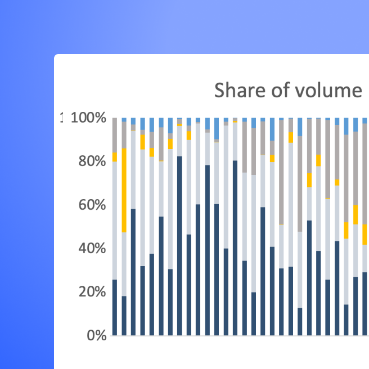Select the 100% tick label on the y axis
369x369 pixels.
tap(88, 119)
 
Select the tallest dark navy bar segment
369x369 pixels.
tap(179, 246)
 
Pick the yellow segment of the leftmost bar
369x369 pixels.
tap(115, 157)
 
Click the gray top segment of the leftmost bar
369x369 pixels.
tap(115, 136)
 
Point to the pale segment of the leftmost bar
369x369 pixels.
tap(115, 220)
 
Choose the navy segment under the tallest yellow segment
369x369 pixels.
tap(124, 316)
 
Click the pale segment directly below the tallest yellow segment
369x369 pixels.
tap(124, 264)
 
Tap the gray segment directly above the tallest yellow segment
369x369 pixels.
tap(124, 135)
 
